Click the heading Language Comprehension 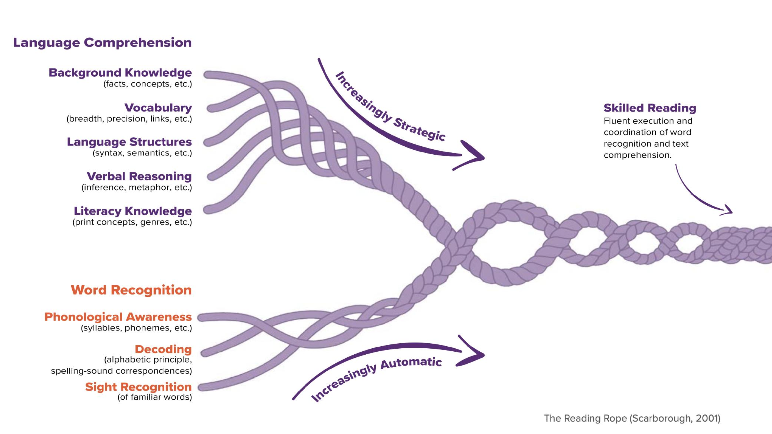pos(102,43)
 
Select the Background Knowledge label pos(120,73)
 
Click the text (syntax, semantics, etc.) pos(142,153)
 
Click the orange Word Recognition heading pos(131,290)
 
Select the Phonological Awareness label pos(118,317)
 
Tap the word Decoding pos(163,349)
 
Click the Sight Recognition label pos(138,387)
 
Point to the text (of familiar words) pos(154,397)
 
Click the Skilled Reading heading pos(650,108)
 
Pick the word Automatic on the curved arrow pos(411,363)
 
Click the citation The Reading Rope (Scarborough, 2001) pos(632,418)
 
